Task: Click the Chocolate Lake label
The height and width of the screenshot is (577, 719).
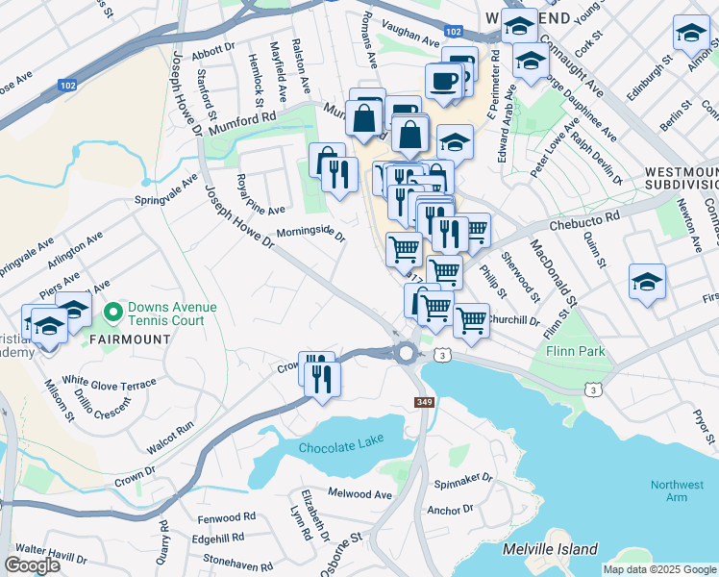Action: click(x=340, y=446)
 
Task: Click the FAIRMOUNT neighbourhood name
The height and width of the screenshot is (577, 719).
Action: click(x=131, y=339)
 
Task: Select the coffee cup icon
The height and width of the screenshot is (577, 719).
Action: click(x=443, y=81)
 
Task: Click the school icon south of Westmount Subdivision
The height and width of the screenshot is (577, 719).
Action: click(x=648, y=282)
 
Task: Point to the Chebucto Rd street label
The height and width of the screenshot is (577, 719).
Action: click(x=583, y=224)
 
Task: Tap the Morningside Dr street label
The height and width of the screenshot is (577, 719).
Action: click(x=310, y=233)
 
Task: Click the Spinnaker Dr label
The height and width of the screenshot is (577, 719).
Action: click(x=462, y=477)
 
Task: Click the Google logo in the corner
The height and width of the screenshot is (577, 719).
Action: click(x=33, y=565)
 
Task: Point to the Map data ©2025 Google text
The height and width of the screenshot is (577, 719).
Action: click(x=658, y=569)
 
